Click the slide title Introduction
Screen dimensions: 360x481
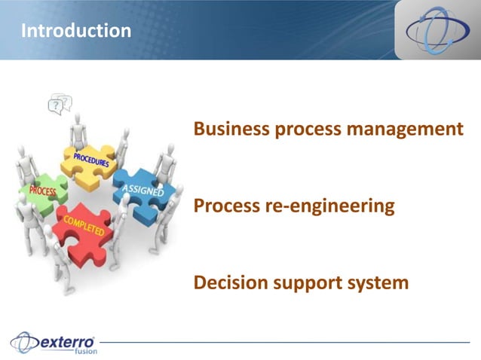75,31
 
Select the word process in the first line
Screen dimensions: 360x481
305,130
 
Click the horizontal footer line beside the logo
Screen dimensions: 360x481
286,343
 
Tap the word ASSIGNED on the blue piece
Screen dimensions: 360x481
142,191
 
